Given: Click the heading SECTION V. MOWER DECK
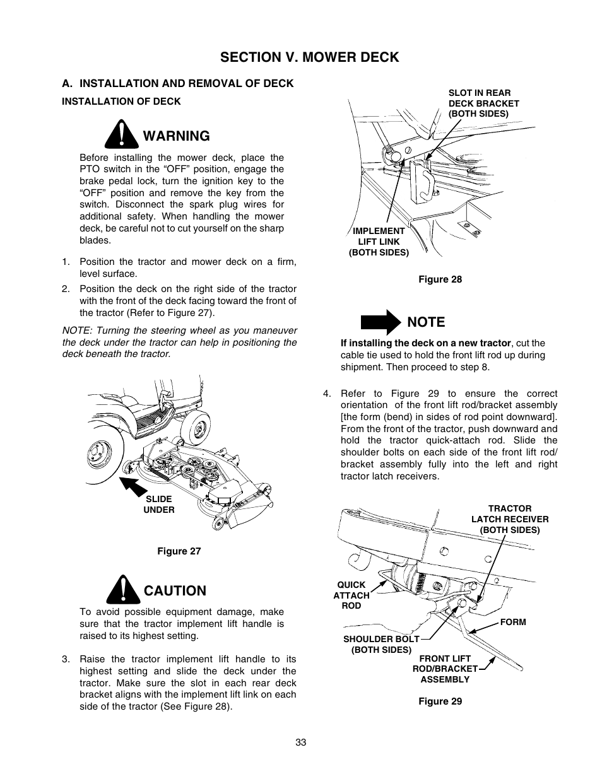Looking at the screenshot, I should [x=310, y=57].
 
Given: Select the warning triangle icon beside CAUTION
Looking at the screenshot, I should [x=122, y=589].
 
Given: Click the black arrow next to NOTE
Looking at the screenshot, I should [x=381, y=322].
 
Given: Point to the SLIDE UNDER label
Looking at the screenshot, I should [x=158, y=504].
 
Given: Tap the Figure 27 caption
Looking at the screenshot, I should [x=179, y=551].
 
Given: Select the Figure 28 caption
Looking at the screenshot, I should [x=440, y=279].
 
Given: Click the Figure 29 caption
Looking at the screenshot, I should [x=440, y=701].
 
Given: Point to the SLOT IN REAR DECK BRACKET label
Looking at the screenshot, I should [x=483, y=103].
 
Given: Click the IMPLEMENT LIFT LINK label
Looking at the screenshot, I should [x=379, y=242].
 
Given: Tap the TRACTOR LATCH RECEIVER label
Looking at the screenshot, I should [x=510, y=519].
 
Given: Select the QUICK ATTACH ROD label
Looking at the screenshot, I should [x=351, y=595].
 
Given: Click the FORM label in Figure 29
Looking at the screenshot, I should [x=512, y=622].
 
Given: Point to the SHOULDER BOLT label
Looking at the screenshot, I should [x=381, y=644].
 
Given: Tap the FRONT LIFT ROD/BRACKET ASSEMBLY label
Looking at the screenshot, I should [x=445, y=669].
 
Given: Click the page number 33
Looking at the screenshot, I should [x=300, y=742].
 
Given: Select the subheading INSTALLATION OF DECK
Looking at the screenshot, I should [x=121, y=101].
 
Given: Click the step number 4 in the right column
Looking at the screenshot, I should [x=326, y=394].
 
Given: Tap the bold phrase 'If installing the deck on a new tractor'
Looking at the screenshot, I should [x=425, y=343].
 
